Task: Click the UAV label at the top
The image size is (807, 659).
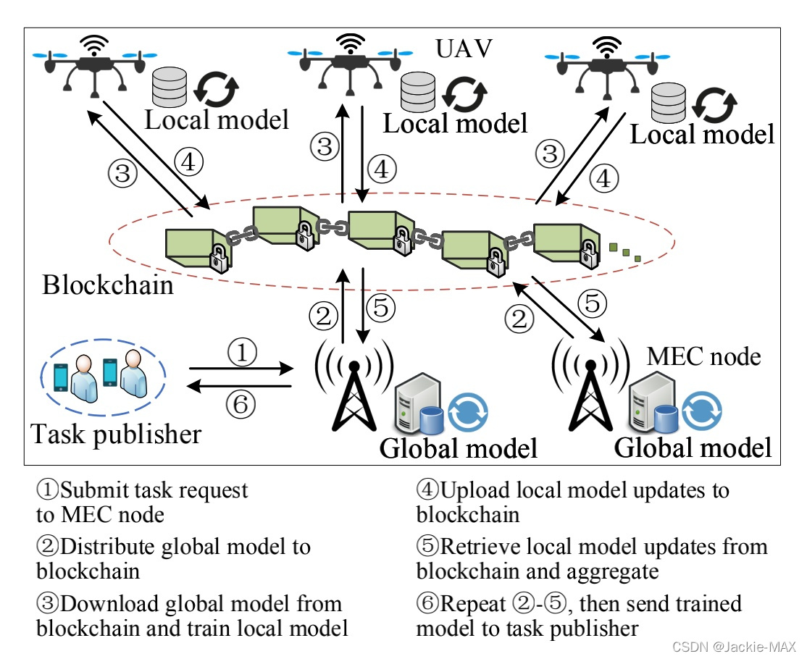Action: (x=464, y=49)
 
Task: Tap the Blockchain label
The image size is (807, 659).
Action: (x=108, y=285)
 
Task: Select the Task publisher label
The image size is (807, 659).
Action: (x=116, y=434)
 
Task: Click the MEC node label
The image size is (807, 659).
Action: (x=703, y=356)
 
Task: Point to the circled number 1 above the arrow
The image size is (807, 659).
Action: (x=242, y=353)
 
